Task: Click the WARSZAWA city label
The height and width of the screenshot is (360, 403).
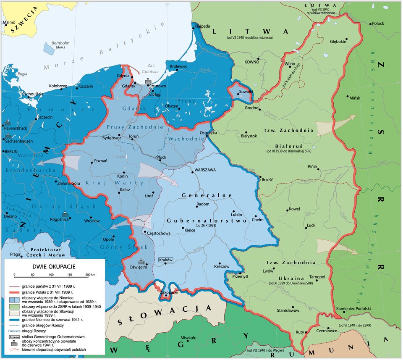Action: [204, 170]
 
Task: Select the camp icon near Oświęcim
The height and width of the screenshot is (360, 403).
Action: [141, 260]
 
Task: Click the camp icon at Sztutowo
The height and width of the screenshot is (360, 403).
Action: [147, 81]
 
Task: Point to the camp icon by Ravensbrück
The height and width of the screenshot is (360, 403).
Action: [8, 123]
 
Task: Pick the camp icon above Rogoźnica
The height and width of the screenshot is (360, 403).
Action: [66, 213]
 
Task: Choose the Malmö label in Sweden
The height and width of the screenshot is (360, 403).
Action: [9, 22]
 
